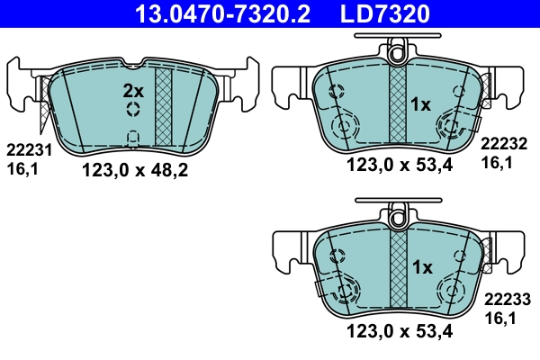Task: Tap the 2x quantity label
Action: [x=133, y=91]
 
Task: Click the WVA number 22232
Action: [x=506, y=143]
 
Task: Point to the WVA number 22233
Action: [x=506, y=299]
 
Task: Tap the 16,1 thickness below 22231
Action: [x=21, y=167]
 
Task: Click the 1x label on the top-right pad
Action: [x=421, y=105]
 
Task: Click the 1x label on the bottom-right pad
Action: [x=421, y=267]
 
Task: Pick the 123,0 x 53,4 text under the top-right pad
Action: [x=400, y=164]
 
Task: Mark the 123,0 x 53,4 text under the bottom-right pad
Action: [x=400, y=330]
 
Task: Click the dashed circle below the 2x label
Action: [x=133, y=110]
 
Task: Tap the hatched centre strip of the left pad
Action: [x=164, y=105]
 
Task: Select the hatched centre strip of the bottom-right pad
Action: [x=397, y=270]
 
